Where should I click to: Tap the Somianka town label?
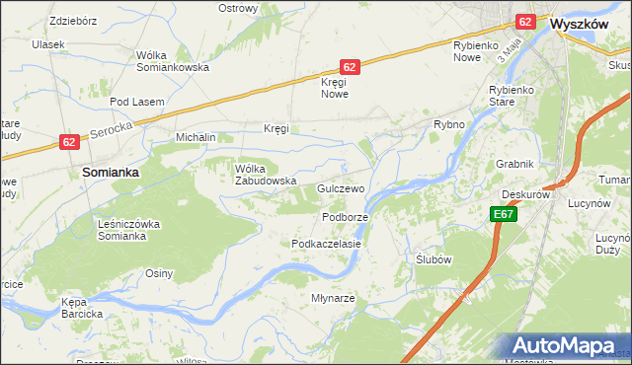tap(110, 172)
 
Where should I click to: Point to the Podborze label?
tap(345, 217)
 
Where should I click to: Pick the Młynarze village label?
tap(333, 297)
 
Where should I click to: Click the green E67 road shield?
tap(502, 214)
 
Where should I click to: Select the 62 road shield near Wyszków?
tap(525, 21)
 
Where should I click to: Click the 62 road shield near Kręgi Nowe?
tap(350, 66)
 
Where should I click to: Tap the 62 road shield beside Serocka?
tap(67, 142)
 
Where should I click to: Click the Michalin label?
tap(196, 137)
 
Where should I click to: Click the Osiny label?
tap(160, 273)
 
